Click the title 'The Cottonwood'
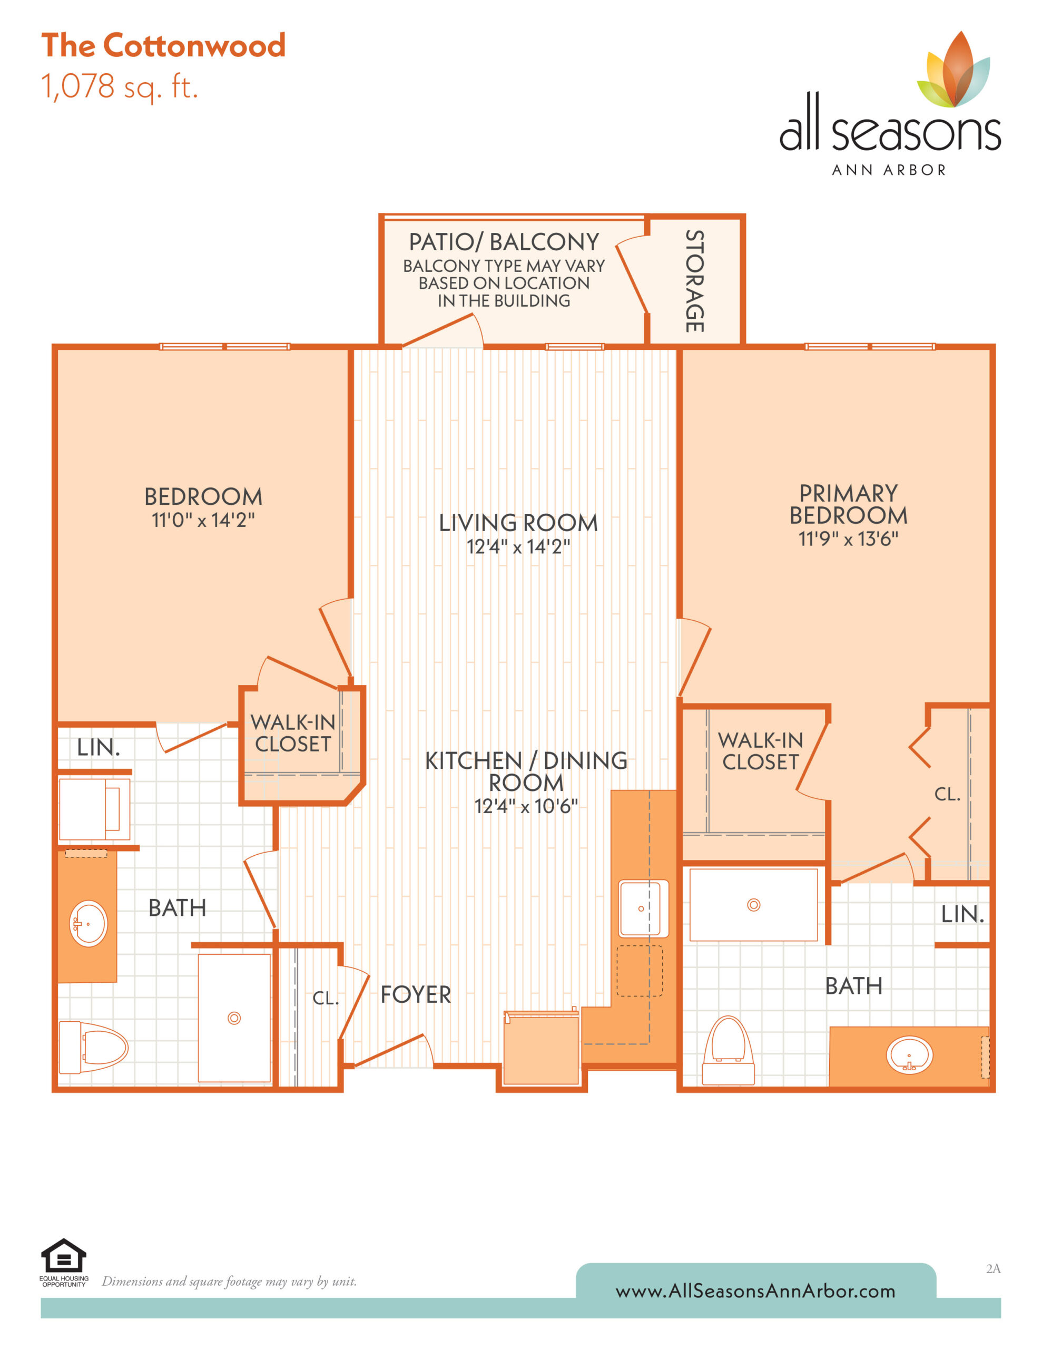click(164, 46)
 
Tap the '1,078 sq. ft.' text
click(120, 86)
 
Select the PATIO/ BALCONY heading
click(504, 241)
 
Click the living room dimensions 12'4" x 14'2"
click(518, 546)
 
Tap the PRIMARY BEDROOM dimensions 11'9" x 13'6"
click(848, 539)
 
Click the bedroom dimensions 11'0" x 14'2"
click(203, 520)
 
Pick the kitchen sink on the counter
click(644, 908)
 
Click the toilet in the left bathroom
click(93, 1048)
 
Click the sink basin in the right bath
click(909, 1054)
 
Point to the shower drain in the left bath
click(234, 1018)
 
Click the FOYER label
click(416, 994)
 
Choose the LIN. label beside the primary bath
click(962, 914)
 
